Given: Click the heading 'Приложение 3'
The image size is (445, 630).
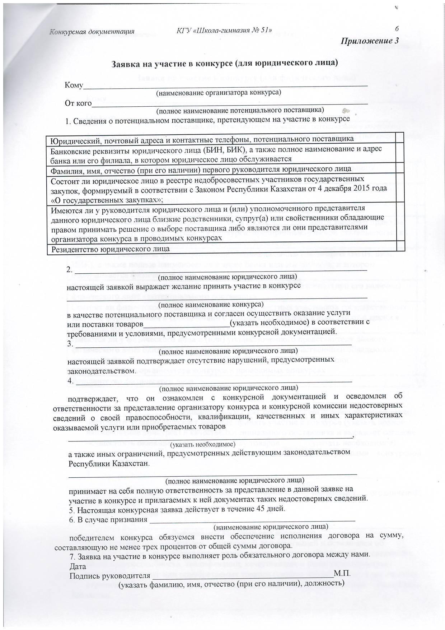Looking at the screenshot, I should (370, 41).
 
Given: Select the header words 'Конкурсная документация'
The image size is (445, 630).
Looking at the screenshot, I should (92, 32).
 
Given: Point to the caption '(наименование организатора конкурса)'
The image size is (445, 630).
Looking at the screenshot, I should (218, 93).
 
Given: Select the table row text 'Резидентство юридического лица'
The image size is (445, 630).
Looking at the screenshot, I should (110, 249).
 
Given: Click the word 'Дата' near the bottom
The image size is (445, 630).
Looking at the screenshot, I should (78, 566).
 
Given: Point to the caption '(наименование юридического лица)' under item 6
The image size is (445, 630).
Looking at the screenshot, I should (271, 527).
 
